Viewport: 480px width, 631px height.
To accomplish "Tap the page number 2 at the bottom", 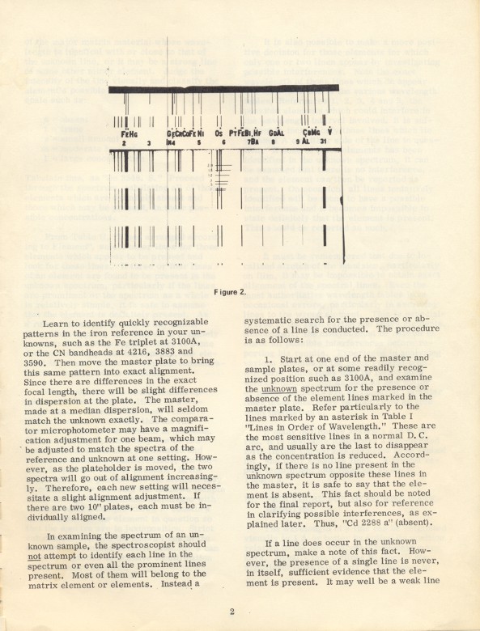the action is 232,611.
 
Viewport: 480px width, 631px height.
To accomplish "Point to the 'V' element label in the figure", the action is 329,132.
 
